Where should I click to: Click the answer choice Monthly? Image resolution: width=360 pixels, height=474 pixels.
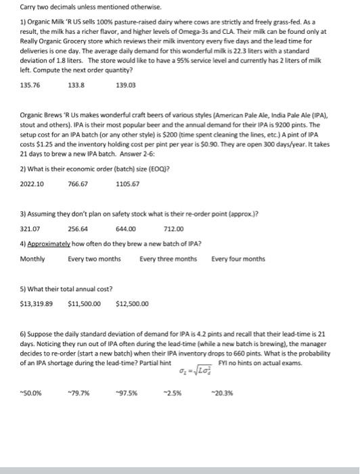click(32, 259)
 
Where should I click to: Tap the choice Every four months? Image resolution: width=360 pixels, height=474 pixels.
click(238, 259)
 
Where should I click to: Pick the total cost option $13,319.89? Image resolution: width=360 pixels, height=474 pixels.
click(37, 303)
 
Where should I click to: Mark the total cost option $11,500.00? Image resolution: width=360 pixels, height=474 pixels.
click(85, 303)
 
